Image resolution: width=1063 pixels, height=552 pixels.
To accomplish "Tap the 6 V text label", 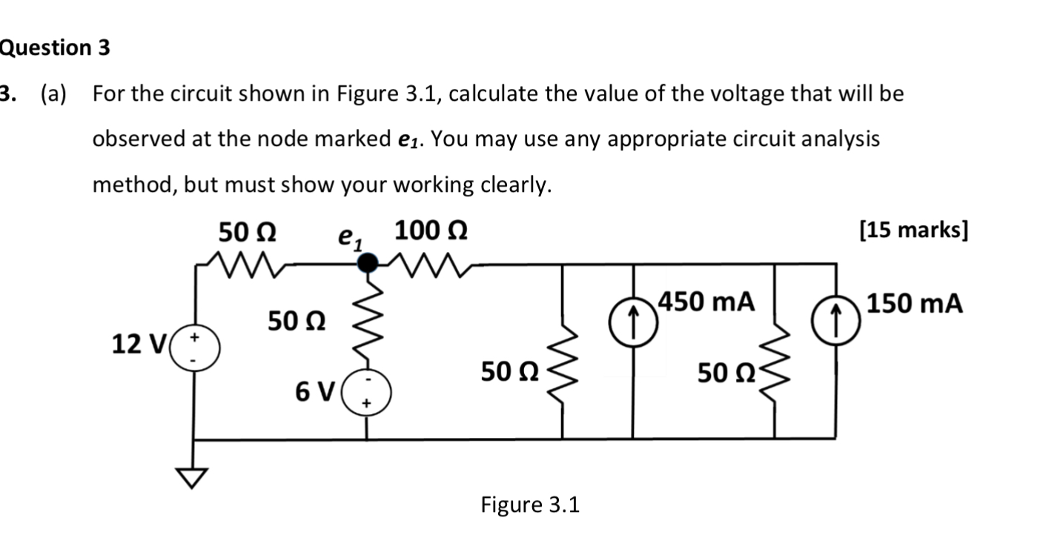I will coord(314,389).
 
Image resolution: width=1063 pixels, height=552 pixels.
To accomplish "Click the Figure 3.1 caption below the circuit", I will coord(530,505).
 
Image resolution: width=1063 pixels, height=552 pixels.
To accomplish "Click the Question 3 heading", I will coord(55,48).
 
